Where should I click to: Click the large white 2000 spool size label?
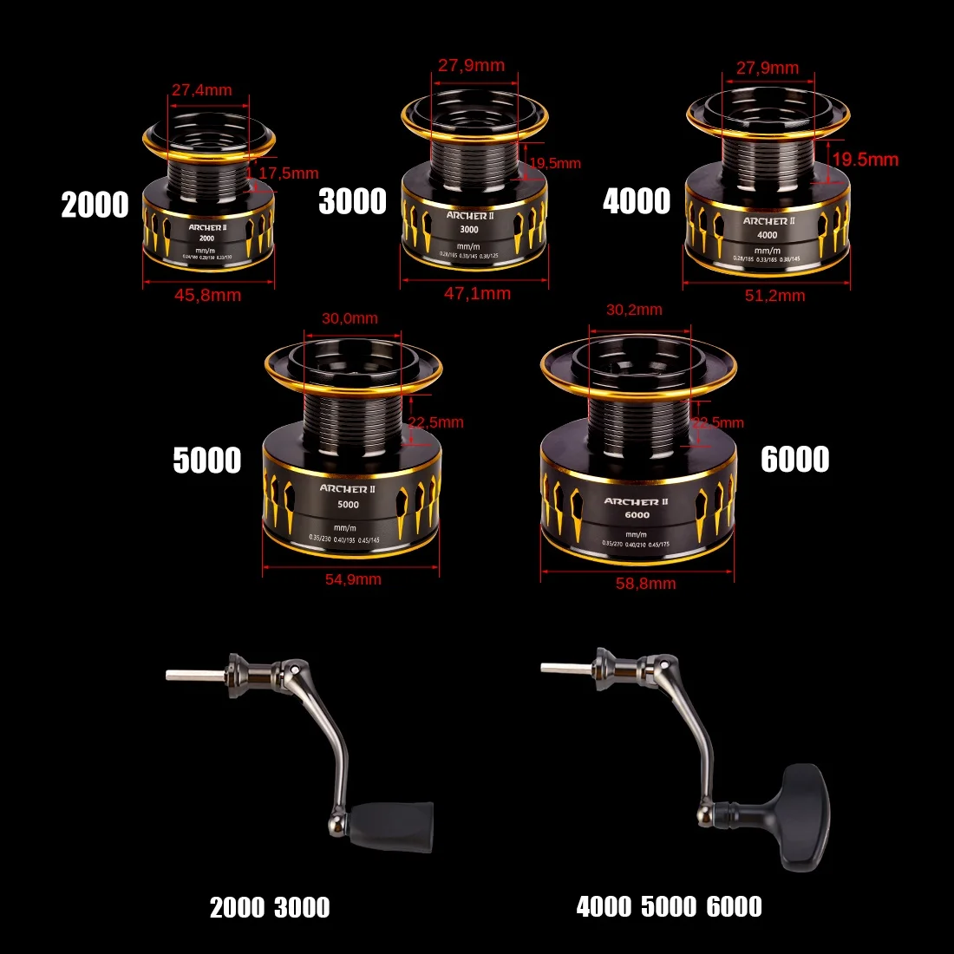(95, 206)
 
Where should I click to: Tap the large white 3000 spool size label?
(352, 201)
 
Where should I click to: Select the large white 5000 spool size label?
(206, 460)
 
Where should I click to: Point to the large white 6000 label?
(794, 460)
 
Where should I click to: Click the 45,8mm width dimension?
(207, 295)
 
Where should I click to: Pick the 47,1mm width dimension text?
(477, 294)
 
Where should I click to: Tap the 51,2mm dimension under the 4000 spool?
(774, 296)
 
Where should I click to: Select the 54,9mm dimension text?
(353, 579)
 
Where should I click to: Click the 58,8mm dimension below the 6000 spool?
(645, 584)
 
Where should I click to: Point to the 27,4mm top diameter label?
(201, 90)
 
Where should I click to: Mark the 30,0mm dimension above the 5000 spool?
(350, 318)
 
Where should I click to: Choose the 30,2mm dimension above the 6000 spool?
(634, 310)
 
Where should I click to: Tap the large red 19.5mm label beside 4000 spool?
(865, 160)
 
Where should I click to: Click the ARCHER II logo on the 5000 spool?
(347, 489)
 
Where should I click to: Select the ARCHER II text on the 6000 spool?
(636, 501)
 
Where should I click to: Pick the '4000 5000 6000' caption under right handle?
(669, 907)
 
